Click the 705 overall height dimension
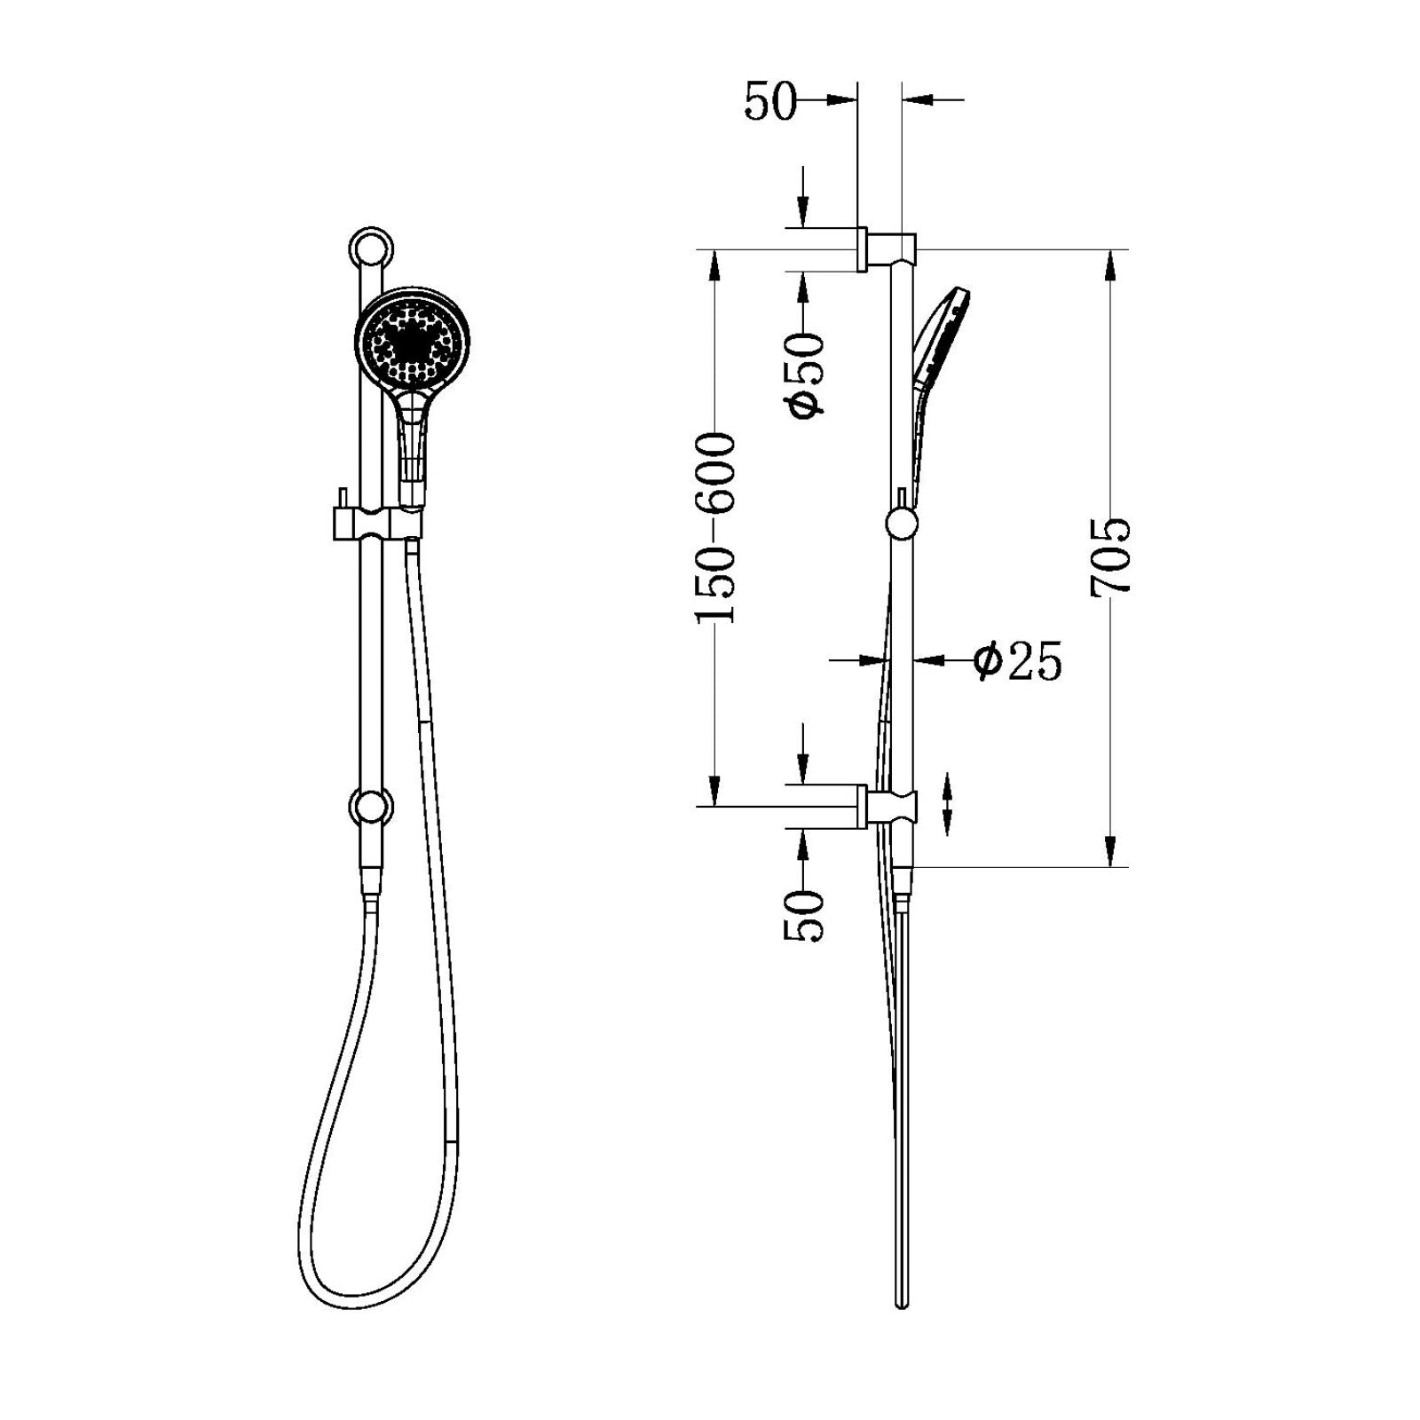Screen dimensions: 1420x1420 tap(1111, 557)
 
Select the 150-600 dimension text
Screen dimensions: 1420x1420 tap(715, 528)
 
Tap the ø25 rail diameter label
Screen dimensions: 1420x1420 tap(1017, 661)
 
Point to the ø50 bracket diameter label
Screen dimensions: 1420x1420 tap(804, 375)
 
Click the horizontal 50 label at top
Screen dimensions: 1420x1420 tap(769, 101)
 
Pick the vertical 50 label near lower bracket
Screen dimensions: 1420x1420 tap(804, 916)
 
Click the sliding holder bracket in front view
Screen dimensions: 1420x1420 tap(376, 524)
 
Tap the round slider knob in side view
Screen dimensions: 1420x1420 tap(902, 524)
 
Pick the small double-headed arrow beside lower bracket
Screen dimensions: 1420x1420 tap(948, 803)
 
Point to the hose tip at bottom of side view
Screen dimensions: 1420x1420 tap(903, 1303)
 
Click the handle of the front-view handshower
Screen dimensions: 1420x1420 tap(411, 444)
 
